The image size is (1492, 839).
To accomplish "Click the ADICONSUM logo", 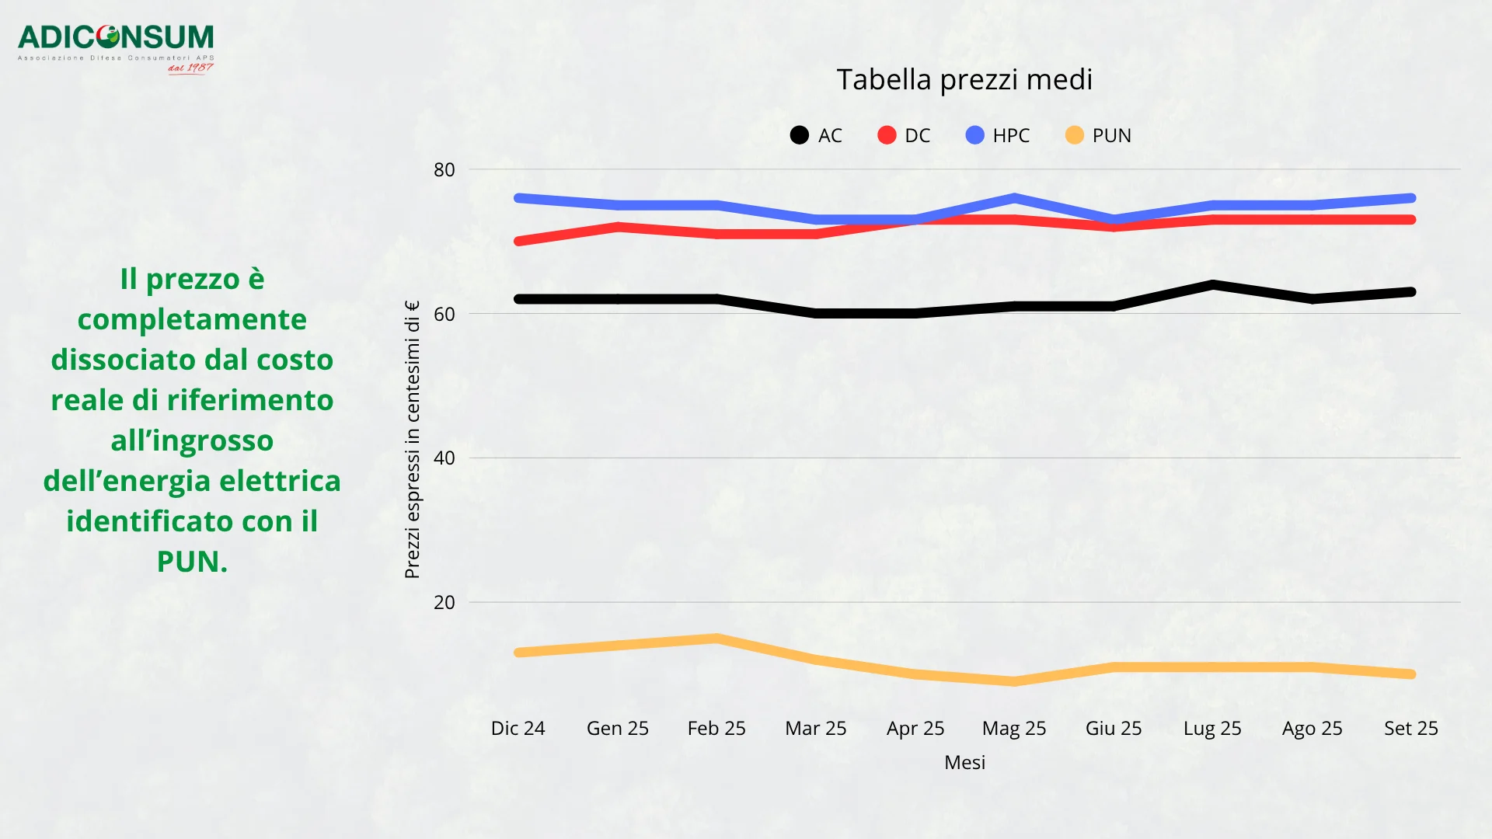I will coord(116,47).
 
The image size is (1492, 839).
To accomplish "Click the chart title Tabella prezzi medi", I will coord(964,79).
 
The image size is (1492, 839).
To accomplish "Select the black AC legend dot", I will coord(799,135).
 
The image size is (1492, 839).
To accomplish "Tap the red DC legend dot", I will coord(887,135).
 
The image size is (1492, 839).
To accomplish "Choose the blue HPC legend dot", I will coord(974,135).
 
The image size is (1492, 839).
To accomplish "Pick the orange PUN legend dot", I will coord(1074,135).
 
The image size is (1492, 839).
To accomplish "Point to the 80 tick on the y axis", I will coord(444,169).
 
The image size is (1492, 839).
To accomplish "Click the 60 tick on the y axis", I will coord(444,314).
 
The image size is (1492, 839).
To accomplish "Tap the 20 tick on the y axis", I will coord(444,602).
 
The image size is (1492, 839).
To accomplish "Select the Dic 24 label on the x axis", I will coord(518,728).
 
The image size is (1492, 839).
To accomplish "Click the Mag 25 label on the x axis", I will coord(1014,728).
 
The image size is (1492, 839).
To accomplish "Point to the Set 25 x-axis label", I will coord(1410,728).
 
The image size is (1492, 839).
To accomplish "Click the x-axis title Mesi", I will coord(964,762).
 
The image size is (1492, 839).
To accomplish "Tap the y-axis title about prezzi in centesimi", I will coord(412,440).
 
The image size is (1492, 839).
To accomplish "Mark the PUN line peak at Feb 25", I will coord(716,639).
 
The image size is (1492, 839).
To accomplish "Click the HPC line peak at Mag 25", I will coord(1014,198).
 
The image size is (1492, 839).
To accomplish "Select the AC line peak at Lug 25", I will coord(1212,285).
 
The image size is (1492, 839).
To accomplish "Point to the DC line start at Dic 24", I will coord(519,241).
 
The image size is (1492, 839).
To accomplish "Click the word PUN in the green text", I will coord(191,562).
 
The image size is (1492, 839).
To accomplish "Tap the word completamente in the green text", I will coord(192,319).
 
